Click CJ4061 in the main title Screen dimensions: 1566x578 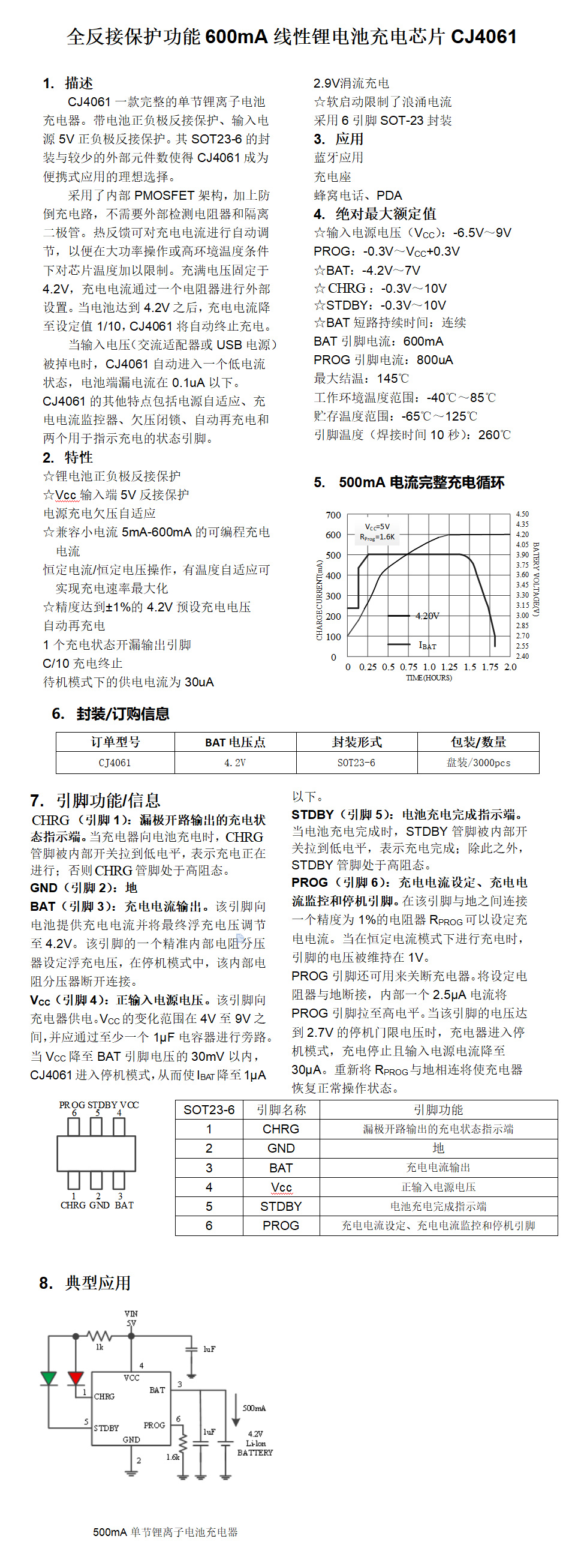click(x=483, y=37)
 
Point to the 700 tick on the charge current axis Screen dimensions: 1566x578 click(x=333, y=515)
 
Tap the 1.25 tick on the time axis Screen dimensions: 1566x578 click(x=449, y=667)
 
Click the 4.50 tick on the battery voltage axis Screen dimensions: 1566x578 click(x=522, y=514)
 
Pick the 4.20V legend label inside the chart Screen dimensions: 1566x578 click(x=428, y=616)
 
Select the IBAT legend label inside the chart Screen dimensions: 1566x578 click(x=428, y=646)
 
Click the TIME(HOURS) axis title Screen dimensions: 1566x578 click(x=429, y=678)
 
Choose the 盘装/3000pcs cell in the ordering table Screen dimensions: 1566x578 click(x=478, y=763)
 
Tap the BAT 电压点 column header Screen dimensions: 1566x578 click(x=235, y=742)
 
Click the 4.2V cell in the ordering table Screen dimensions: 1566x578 click(x=235, y=763)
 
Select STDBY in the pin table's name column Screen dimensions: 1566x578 click(x=281, y=1207)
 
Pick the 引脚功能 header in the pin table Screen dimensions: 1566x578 click(x=438, y=1110)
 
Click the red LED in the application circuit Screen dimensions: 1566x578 click(x=76, y=1378)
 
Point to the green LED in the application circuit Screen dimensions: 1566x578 click(x=49, y=1378)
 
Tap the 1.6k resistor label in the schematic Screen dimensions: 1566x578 click(x=173, y=1457)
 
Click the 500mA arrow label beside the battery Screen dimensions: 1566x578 click(x=254, y=1408)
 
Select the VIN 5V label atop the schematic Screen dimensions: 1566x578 click(x=131, y=1319)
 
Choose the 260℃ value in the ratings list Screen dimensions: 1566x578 click(x=494, y=435)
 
